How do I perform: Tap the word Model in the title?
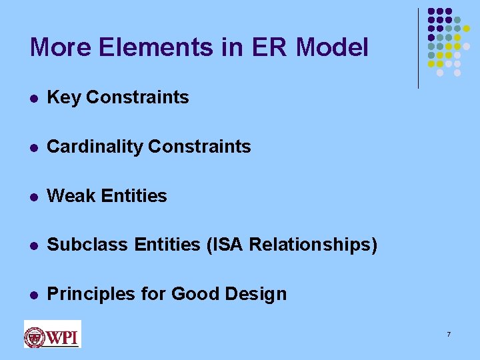click(x=331, y=47)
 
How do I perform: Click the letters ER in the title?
click(x=270, y=47)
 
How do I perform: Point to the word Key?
click(x=64, y=97)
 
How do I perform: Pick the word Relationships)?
click(x=313, y=245)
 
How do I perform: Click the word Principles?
click(x=89, y=294)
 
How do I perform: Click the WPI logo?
click(x=52, y=334)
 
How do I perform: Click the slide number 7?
click(x=449, y=333)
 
